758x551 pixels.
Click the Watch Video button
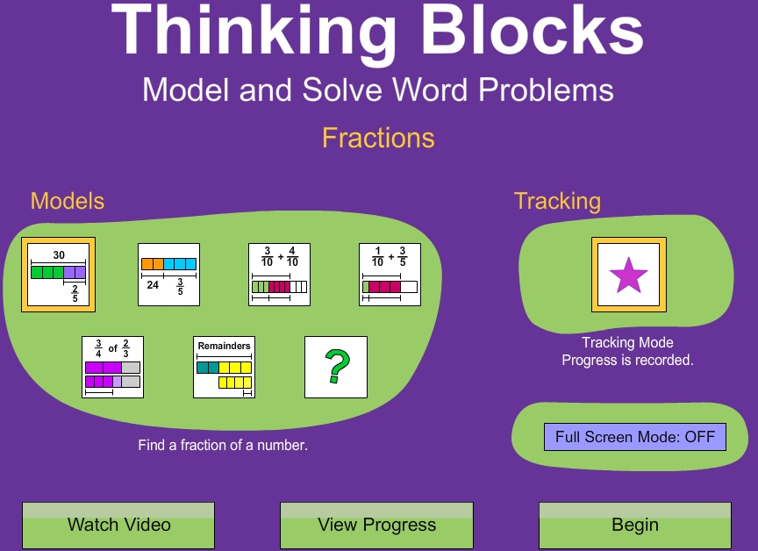click(x=118, y=526)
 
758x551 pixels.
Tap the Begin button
click(x=634, y=526)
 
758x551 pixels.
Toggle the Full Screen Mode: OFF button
click(x=634, y=436)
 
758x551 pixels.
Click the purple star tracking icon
click(x=628, y=275)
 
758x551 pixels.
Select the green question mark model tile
click(x=335, y=367)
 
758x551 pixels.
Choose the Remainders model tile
click(x=224, y=367)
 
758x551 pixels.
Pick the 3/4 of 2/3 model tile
click(x=112, y=367)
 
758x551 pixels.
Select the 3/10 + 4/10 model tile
click(x=279, y=275)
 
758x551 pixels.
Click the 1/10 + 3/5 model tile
click(x=390, y=275)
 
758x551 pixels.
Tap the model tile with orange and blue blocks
click(x=168, y=275)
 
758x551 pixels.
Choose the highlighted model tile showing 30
click(x=58, y=275)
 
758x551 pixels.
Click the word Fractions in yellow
click(x=378, y=138)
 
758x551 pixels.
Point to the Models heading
click(x=68, y=201)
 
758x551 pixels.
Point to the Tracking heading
click(x=557, y=201)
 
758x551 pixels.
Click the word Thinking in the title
click(x=254, y=32)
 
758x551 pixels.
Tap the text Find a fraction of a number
click(x=223, y=446)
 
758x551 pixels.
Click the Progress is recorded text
click(x=627, y=360)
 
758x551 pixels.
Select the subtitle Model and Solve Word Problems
click(x=378, y=89)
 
